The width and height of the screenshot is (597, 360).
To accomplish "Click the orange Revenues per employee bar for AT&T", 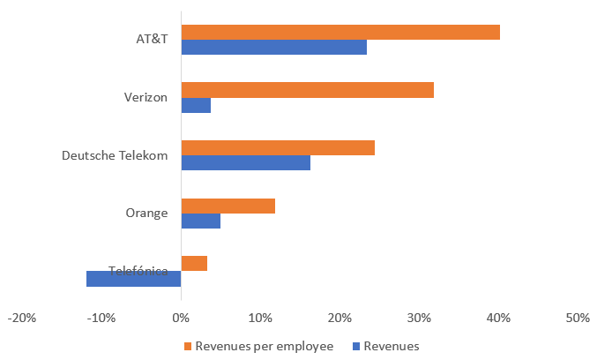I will [x=340, y=33].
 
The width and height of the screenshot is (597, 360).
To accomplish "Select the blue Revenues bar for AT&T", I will [x=273, y=48].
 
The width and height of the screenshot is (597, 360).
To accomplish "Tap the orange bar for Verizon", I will [x=307, y=90].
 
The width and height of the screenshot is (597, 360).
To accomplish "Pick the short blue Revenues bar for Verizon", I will [x=196, y=105].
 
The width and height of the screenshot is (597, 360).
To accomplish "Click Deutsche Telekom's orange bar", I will [x=278, y=147].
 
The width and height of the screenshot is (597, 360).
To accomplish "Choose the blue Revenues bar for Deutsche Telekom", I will [x=245, y=162].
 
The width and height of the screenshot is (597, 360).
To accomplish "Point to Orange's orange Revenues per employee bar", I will [x=228, y=206].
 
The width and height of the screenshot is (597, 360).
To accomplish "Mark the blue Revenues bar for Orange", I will [x=200, y=221].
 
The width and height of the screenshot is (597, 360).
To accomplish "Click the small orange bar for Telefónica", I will [x=194, y=263].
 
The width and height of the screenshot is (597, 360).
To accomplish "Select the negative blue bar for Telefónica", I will [x=133, y=278].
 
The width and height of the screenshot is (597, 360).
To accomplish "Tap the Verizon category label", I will [x=146, y=97].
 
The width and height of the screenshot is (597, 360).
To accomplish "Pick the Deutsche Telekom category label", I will [x=115, y=155].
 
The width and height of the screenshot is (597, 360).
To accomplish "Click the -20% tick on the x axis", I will [x=22, y=318].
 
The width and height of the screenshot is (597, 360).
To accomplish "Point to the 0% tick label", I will [x=181, y=318].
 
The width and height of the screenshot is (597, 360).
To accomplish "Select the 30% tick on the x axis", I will [x=340, y=318].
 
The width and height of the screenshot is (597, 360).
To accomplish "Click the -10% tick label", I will [x=101, y=318].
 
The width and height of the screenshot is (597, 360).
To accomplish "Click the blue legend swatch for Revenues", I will [x=356, y=346].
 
